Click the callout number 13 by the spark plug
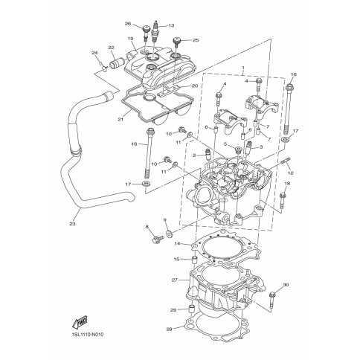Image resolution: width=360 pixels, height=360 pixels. (x=171, y=25)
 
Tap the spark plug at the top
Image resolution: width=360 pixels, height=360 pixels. (x=156, y=33)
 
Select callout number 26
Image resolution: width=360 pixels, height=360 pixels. (x=128, y=24)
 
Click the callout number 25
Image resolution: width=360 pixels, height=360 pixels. (x=196, y=40)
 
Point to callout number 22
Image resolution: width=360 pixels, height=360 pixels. (x=111, y=47)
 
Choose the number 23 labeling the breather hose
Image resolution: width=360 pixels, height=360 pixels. (x=72, y=224)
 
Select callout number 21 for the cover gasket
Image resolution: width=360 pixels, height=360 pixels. (x=120, y=119)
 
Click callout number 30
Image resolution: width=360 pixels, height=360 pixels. (x=286, y=285)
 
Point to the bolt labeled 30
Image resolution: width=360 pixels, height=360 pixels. (x=272, y=300)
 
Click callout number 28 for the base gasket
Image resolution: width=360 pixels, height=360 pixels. (x=169, y=330)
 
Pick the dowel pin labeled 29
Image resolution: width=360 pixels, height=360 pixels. (x=192, y=309)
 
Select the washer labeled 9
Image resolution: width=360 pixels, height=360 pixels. (x=170, y=234)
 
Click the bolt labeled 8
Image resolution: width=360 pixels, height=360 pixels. (x=158, y=240)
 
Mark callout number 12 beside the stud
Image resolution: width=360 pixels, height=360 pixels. (x=291, y=173)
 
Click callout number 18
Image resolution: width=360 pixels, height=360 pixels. (x=287, y=184)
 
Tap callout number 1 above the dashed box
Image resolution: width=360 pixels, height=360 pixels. (x=243, y=68)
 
